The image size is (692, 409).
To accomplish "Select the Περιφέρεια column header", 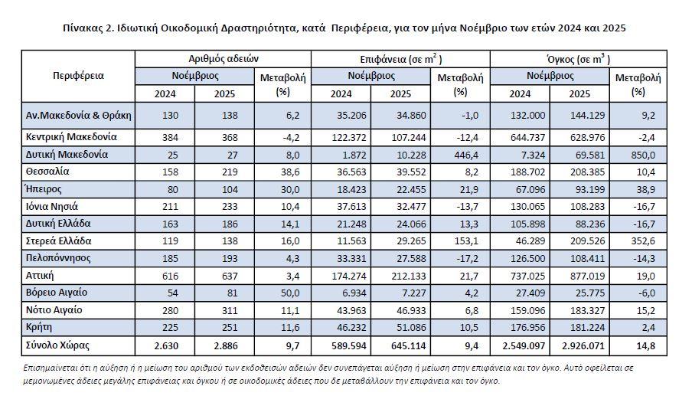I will click(78, 76).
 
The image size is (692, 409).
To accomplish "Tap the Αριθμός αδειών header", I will click(224, 59).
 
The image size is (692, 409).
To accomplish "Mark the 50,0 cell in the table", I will click(283, 293).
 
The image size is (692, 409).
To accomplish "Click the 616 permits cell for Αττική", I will click(164, 275).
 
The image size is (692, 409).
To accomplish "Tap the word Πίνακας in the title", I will click(85, 28).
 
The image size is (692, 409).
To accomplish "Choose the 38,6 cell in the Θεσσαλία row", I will click(283, 172).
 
